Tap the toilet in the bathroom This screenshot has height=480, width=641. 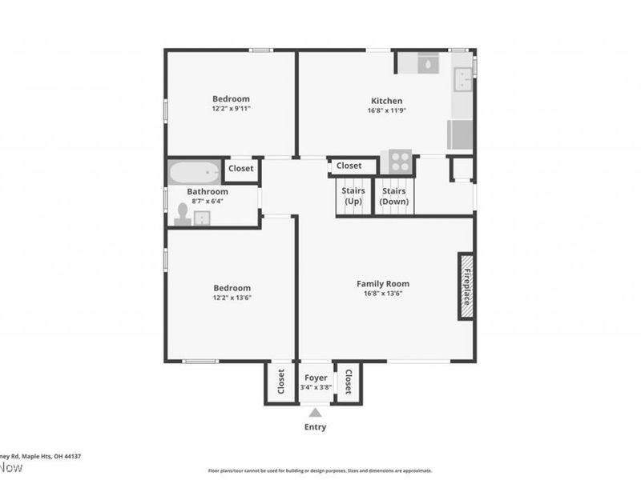[x=182, y=214]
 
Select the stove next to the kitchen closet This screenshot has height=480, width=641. [x=398, y=161]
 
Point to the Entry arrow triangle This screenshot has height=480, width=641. [x=316, y=413]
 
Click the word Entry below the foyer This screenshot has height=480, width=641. [x=316, y=427]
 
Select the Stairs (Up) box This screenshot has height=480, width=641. [x=353, y=197]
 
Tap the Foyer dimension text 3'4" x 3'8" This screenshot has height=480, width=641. [x=316, y=387]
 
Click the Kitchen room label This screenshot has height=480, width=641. [x=386, y=101]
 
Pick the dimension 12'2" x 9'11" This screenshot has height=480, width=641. [x=232, y=108]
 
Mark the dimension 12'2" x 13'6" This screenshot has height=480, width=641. [x=232, y=298]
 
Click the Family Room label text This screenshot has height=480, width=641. [x=383, y=283]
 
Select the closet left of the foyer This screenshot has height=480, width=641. [x=281, y=383]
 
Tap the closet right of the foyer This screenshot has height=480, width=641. [x=349, y=383]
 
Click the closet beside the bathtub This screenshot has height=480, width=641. [x=241, y=169]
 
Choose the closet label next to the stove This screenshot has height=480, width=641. [x=349, y=166]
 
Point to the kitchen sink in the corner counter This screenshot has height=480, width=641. [x=464, y=78]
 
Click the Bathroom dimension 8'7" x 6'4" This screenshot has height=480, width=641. [x=208, y=202]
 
